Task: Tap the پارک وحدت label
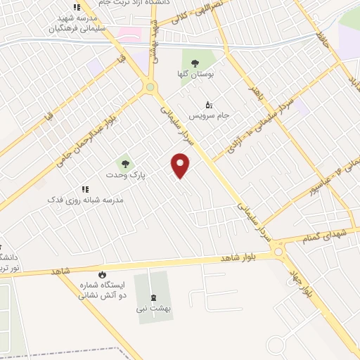pyautogui.click(x=124, y=173)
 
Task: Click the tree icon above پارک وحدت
pyautogui.click(x=124, y=162)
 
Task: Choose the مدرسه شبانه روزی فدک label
pyautogui.click(x=85, y=200)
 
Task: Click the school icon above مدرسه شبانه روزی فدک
pyautogui.click(x=85, y=189)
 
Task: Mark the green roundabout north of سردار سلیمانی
pyautogui.click(x=149, y=87)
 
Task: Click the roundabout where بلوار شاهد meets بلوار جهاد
pyautogui.click(x=279, y=251)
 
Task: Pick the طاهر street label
pyautogui.click(x=258, y=95)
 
